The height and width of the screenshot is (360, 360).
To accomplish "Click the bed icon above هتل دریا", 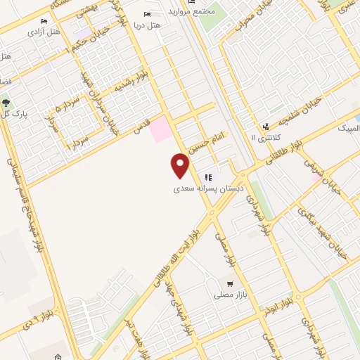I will coord(148,14).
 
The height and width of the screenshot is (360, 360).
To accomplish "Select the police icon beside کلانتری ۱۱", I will coord(266,127).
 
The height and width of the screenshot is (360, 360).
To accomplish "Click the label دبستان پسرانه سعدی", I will coord(209,189).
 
